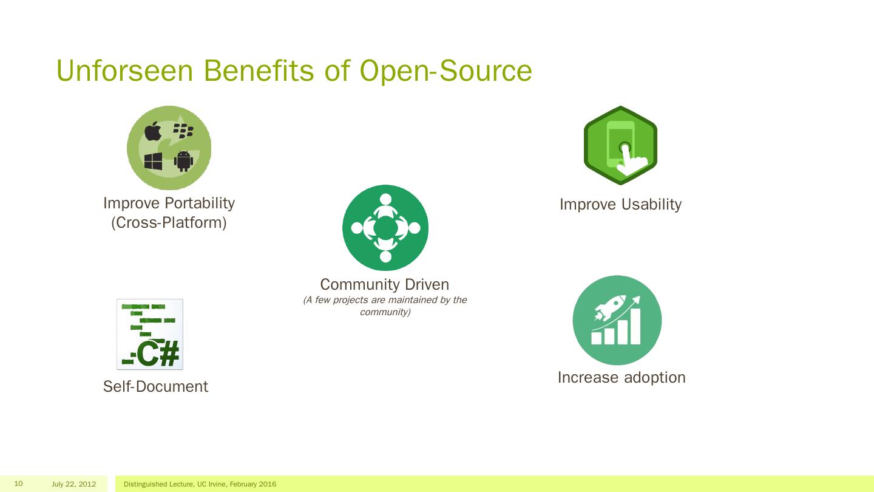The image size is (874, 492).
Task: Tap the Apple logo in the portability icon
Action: tap(153, 131)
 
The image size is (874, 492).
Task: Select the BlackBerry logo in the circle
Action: tap(183, 130)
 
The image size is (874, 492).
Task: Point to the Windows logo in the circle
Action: tap(153, 161)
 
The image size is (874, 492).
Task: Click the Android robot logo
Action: tap(183, 161)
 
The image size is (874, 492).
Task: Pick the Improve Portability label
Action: tap(169, 203)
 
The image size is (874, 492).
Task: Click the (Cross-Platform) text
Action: tap(169, 223)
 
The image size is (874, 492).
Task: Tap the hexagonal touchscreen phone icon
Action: tap(620, 146)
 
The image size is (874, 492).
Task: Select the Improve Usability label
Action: tap(620, 205)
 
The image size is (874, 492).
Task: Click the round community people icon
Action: tap(385, 228)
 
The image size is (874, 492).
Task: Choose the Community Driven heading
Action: tap(384, 284)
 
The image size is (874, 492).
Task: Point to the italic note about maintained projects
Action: tap(385, 306)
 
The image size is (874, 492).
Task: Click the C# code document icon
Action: tap(150, 334)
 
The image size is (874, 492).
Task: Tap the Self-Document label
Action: tap(155, 387)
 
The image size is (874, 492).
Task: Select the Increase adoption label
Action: tap(622, 377)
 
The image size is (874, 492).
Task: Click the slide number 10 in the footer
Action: tap(18, 483)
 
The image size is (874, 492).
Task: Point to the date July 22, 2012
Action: tap(74, 484)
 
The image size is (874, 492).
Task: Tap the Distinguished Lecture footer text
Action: tap(200, 484)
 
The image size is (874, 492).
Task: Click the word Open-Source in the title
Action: tap(445, 70)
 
